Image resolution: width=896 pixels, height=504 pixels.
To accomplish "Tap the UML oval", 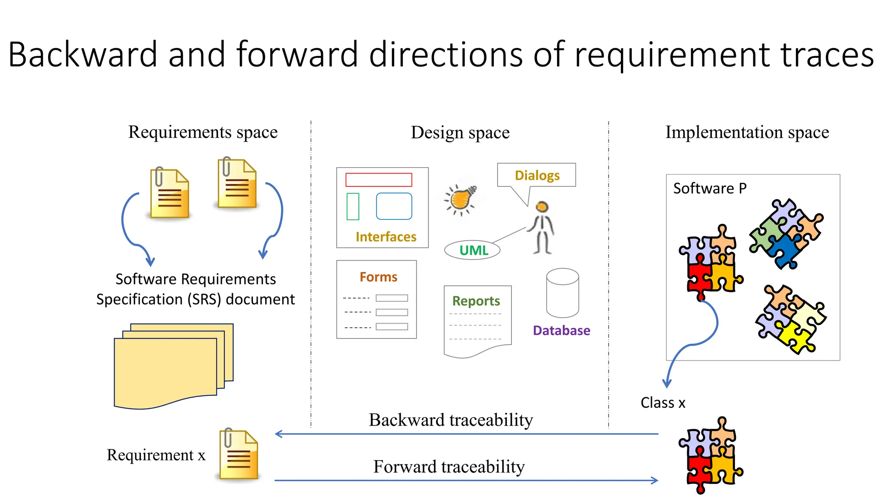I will pos(472,250).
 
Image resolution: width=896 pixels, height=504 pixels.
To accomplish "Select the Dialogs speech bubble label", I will pos(537,175).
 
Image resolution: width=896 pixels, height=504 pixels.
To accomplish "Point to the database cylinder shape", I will pos(562,293).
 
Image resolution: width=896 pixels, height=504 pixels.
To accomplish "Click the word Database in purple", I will pos(561,330).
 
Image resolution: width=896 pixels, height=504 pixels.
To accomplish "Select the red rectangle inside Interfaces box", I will pos(378,180).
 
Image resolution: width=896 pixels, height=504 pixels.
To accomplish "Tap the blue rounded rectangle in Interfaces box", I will pos(394,206).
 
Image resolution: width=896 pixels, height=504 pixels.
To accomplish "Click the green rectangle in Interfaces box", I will pos(353,206).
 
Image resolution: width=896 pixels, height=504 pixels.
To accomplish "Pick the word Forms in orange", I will pos(378,277).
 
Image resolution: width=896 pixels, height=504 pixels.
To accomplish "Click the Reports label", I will pos(476,301).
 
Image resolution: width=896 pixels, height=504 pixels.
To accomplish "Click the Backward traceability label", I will pos(451,420).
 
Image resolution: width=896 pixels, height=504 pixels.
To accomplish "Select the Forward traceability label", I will pos(449,467).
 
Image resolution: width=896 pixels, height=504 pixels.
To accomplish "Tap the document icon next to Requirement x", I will pos(238,455).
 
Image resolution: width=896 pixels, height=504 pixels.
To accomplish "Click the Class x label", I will pos(663,402).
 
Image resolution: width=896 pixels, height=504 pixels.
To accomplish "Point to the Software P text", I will pos(709,189).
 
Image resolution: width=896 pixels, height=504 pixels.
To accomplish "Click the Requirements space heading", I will pos(203,132).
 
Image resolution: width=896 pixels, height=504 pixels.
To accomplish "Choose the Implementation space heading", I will pos(747,132).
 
